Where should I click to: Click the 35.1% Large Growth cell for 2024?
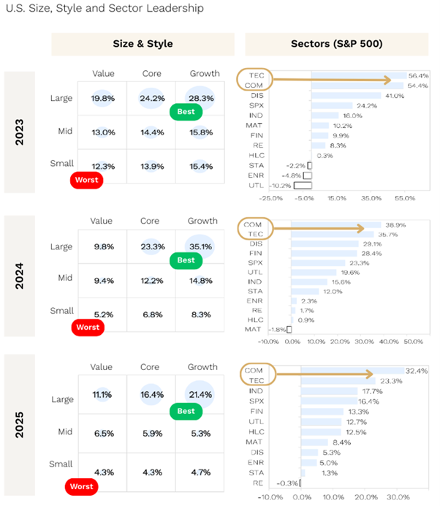[202, 246]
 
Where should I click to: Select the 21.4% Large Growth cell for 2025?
[202, 395]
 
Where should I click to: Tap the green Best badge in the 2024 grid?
[186, 260]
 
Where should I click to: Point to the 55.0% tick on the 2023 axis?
[405, 198]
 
